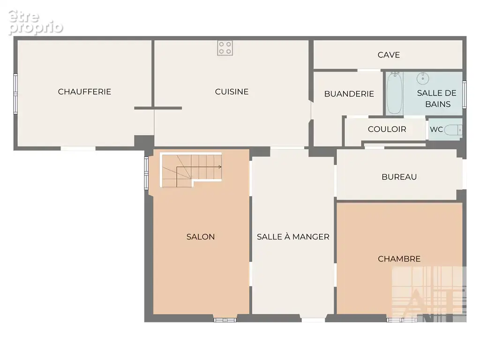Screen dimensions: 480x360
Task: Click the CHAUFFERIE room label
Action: (x=84, y=91)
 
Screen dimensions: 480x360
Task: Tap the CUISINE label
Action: (x=232, y=91)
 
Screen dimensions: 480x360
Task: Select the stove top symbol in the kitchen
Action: (x=225, y=48)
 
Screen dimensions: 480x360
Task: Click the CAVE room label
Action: (x=389, y=55)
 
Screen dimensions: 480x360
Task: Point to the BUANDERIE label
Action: (x=349, y=94)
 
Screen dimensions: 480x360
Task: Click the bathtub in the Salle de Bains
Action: (x=394, y=93)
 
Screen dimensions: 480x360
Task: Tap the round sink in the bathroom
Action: (x=423, y=78)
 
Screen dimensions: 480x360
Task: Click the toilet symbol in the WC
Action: (x=453, y=130)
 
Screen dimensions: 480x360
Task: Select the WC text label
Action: (x=436, y=129)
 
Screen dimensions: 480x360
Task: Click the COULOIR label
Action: (x=387, y=129)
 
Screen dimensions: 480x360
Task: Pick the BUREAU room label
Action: (x=399, y=177)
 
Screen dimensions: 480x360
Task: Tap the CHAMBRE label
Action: (x=399, y=259)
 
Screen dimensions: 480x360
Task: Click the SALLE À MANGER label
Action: (x=293, y=237)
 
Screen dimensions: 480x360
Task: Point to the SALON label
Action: (x=201, y=237)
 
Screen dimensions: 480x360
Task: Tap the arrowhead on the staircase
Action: (x=220, y=167)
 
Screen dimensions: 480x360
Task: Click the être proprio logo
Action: (x=35, y=22)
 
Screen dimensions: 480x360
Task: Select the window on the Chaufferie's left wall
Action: (x=15, y=94)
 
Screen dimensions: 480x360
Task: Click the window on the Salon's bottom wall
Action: (x=225, y=320)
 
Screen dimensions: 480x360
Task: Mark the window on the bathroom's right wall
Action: (x=465, y=95)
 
